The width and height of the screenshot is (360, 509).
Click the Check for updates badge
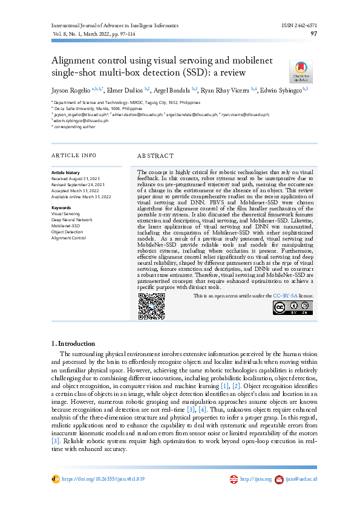[x=301, y=71]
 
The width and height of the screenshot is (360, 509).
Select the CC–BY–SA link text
[x=284, y=296]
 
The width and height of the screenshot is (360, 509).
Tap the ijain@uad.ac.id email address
[x=302, y=479]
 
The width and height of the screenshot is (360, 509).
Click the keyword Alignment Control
[x=69, y=238]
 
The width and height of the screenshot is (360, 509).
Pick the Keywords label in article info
[x=62, y=207]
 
